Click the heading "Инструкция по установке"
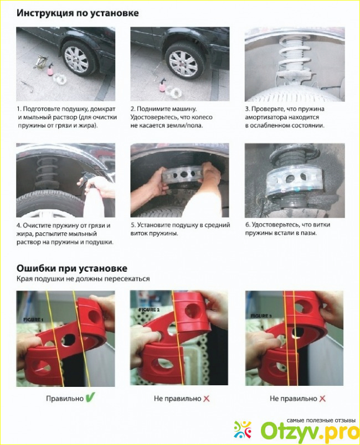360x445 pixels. (x=78, y=13)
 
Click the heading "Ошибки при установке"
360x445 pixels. (x=72, y=268)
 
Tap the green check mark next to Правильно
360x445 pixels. (x=90, y=397)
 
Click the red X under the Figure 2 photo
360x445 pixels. (x=207, y=399)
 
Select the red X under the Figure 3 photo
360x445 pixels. (x=322, y=399)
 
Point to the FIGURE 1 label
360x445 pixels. (x=33, y=319)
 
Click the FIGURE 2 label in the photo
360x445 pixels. (x=150, y=309)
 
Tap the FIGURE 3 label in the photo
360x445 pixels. (x=261, y=315)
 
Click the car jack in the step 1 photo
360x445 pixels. (x=40, y=62)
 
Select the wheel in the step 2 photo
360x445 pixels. (x=184, y=61)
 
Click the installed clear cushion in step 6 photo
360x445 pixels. (x=290, y=181)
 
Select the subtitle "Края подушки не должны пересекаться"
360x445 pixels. (x=83, y=279)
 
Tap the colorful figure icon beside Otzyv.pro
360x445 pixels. (x=243, y=430)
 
